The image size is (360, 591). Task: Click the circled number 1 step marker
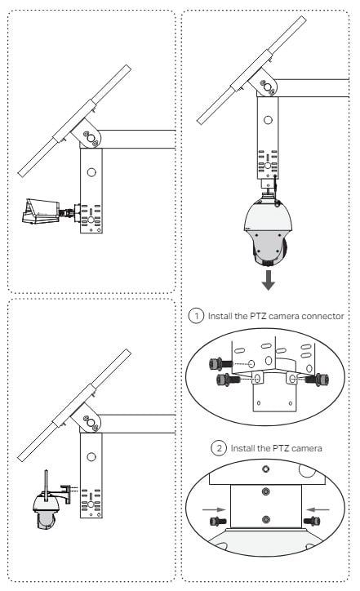(196, 315)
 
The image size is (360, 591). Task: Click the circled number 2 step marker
(219, 448)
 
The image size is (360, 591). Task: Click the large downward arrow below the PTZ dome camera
(268, 279)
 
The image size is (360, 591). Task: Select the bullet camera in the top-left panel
(41, 211)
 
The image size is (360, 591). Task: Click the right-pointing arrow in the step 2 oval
(214, 509)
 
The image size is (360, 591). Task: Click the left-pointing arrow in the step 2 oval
(318, 509)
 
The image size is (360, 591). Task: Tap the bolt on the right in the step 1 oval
(317, 380)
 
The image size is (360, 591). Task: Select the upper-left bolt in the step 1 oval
(220, 364)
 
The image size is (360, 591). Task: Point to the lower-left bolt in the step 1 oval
(228, 380)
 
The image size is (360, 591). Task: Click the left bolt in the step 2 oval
(218, 522)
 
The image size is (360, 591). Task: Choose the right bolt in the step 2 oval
(312, 522)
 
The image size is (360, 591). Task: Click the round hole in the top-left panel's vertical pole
(91, 172)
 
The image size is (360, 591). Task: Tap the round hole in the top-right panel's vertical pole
(268, 120)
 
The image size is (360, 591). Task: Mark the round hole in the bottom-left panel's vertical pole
(91, 457)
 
